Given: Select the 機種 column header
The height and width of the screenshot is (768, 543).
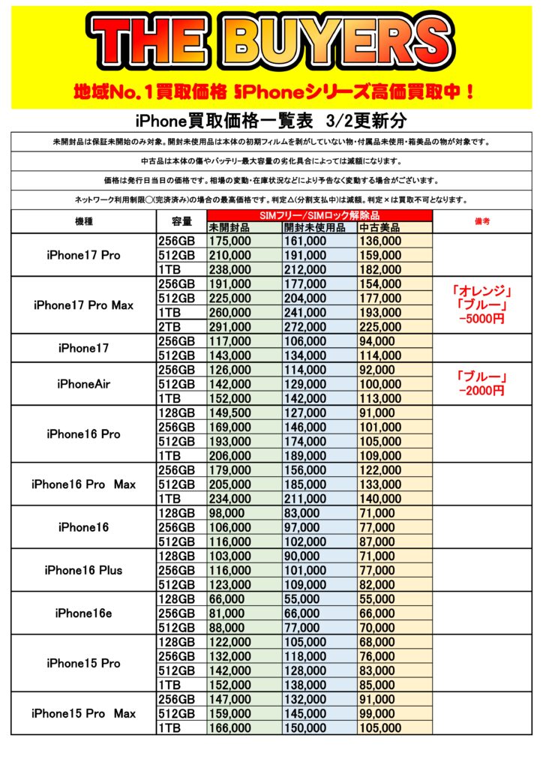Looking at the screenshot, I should (x=83, y=222).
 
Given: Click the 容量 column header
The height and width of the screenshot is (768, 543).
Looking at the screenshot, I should (x=181, y=222).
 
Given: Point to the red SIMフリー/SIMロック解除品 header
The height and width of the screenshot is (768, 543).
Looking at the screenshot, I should (x=319, y=216).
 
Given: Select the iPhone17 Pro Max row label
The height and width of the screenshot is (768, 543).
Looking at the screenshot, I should (x=83, y=305).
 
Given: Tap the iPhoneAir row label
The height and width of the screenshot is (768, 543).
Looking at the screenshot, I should (x=83, y=384).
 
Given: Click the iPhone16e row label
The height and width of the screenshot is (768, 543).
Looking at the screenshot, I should (x=83, y=613).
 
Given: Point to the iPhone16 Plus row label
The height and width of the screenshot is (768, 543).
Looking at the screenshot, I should (x=83, y=570).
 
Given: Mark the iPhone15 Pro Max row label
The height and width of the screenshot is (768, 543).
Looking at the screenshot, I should (x=83, y=712).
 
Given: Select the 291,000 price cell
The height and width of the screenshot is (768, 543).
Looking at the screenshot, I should (x=230, y=327).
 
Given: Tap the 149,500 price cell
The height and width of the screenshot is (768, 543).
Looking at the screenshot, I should (x=230, y=412).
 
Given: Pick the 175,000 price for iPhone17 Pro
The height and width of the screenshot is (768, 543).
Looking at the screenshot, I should (x=230, y=241).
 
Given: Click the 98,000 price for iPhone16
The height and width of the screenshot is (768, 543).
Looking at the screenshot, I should (x=227, y=513).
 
